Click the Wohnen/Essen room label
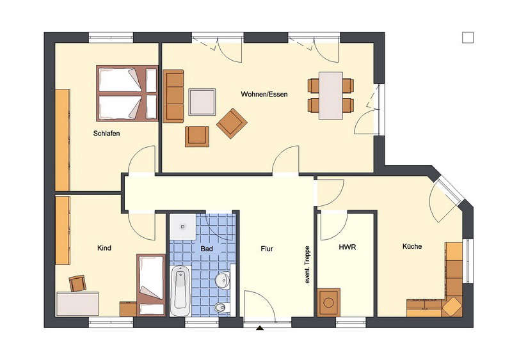pyautogui.click(x=264, y=95)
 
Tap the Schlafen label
pyautogui.click(x=106, y=134)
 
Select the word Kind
pyautogui.click(x=104, y=248)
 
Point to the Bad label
pyautogui.click(x=207, y=249)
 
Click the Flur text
pyautogui.click(x=267, y=249)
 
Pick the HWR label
pyautogui.click(x=348, y=247)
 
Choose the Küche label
pyautogui.click(x=412, y=246)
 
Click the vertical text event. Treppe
pyautogui.click(x=307, y=264)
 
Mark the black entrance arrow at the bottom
pyautogui.click(x=260, y=328)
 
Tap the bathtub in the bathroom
pyautogui.click(x=180, y=291)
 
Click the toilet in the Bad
pyautogui.click(x=222, y=307)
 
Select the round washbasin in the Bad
pyautogui.click(x=222, y=280)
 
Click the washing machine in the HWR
pyautogui.click(x=328, y=302)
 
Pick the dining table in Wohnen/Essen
pyautogui.click(x=331, y=96)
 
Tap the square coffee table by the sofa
pyautogui.click(x=202, y=102)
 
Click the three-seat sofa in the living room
pyautogui.click(x=173, y=96)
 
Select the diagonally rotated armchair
pyautogui.click(x=232, y=123)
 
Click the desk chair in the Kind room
pyautogui.click(x=77, y=283)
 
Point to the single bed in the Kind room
pyautogui.click(x=151, y=285)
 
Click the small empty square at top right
pyautogui.click(x=468, y=37)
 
